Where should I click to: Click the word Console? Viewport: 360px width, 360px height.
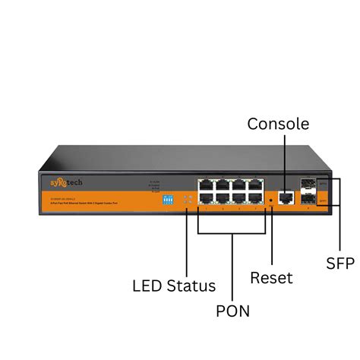click(x=278, y=124)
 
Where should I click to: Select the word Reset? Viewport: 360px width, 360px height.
click(x=271, y=278)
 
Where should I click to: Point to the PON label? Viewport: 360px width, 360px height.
click(x=232, y=310)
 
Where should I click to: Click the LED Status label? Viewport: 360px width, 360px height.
click(x=174, y=286)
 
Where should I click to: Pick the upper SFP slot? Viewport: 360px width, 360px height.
click(x=308, y=186)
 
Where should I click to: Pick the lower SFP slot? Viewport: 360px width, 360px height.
click(x=308, y=201)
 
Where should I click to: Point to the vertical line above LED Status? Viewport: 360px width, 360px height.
click(x=186, y=243)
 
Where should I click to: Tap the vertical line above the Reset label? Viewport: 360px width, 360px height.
click(x=272, y=235)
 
